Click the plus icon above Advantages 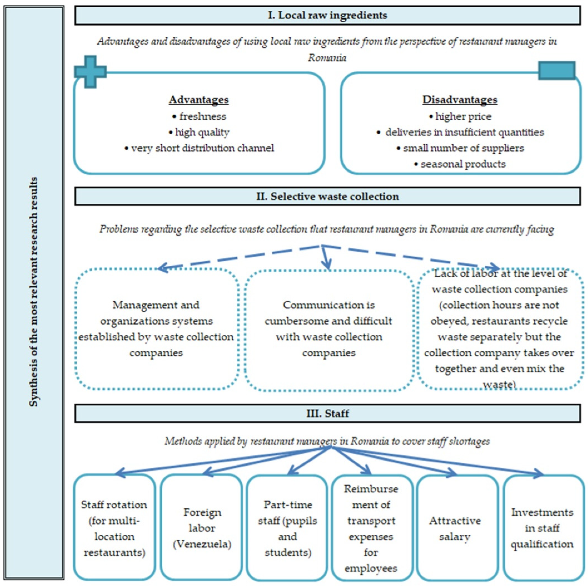tap(90, 72)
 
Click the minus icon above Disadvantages tap(557, 70)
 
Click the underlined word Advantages tap(199, 100)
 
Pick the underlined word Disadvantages tap(459, 100)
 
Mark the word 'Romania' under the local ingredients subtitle tap(327, 58)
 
